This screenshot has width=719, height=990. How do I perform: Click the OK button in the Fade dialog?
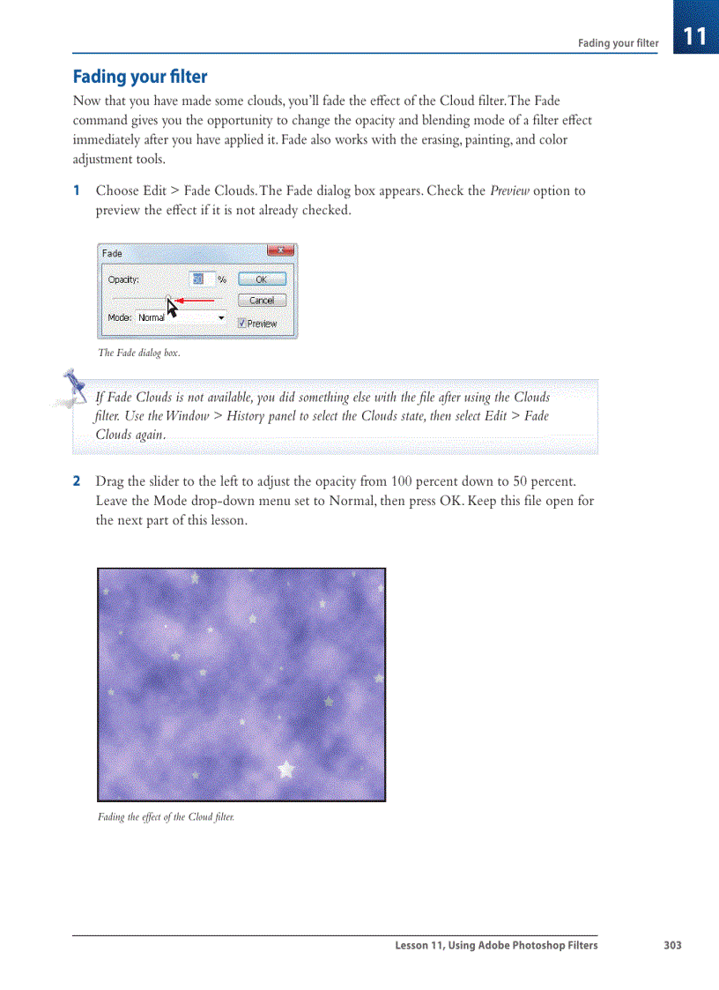coord(261,279)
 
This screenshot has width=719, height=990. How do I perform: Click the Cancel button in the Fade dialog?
coord(261,300)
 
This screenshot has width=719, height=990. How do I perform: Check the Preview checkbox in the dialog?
coord(242,324)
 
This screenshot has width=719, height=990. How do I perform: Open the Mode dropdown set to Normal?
coord(181,317)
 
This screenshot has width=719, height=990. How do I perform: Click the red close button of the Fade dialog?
coord(279,252)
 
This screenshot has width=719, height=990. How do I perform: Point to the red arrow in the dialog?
coord(196,301)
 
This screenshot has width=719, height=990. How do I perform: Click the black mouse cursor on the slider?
coord(172,307)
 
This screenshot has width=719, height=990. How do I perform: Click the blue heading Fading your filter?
coord(139,77)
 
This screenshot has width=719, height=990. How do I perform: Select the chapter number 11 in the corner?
coord(694,36)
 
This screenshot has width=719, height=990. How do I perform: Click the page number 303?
coord(672,945)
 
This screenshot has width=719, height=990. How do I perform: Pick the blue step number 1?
coord(77,191)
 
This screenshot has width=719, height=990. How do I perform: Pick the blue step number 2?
coord(77,481)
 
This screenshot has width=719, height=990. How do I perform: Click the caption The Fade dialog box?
coord(138,353)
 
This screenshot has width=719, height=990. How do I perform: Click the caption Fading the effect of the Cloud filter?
coord(166,817)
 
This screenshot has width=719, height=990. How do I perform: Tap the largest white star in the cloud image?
coord(285,769)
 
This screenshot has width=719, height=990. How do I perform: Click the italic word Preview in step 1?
coord(509,191)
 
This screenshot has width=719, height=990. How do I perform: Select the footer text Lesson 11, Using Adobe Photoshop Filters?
coord(496,945)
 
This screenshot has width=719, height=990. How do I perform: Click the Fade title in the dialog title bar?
coord(112,253)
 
